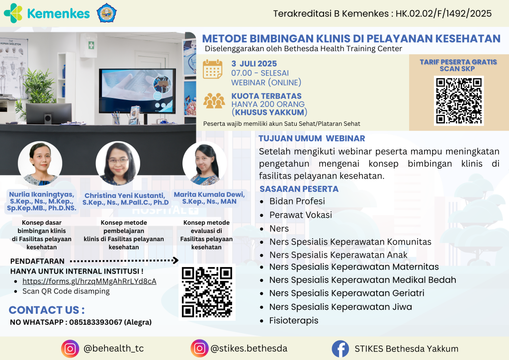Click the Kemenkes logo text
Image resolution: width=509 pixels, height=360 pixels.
[x=59, y=13]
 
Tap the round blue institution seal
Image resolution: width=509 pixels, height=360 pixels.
[x=106, y=13]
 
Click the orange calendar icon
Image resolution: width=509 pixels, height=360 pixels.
[x=213, y=69]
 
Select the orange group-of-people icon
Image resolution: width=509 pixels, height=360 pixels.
[x=214, y=100]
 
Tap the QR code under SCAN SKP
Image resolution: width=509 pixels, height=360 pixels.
[x=459, y=100]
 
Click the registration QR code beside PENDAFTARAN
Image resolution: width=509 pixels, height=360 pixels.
[x=207, y=292]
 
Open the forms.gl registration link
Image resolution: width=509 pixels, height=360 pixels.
[x=89, y=281]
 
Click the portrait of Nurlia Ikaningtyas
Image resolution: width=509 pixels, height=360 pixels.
[x=40, y=163]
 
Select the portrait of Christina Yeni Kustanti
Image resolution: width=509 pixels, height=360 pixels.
[x=118, y=163]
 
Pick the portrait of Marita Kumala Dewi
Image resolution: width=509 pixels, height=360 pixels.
[x=204, y=163]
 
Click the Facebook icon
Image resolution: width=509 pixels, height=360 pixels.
[x=340, y=349]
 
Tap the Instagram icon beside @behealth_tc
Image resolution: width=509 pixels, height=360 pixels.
[x=70, y=349]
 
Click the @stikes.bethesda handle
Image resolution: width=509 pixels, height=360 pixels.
[x=249, y=349]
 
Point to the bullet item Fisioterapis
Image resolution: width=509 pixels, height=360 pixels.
[x=294, y=321]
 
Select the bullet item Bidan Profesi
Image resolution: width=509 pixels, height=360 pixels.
[x=297, y=201]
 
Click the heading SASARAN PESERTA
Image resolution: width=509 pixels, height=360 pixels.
[x=299, y=189]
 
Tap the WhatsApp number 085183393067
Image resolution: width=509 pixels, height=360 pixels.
[x=96, y=322]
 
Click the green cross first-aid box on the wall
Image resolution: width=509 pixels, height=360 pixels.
[x=91, y=45]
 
